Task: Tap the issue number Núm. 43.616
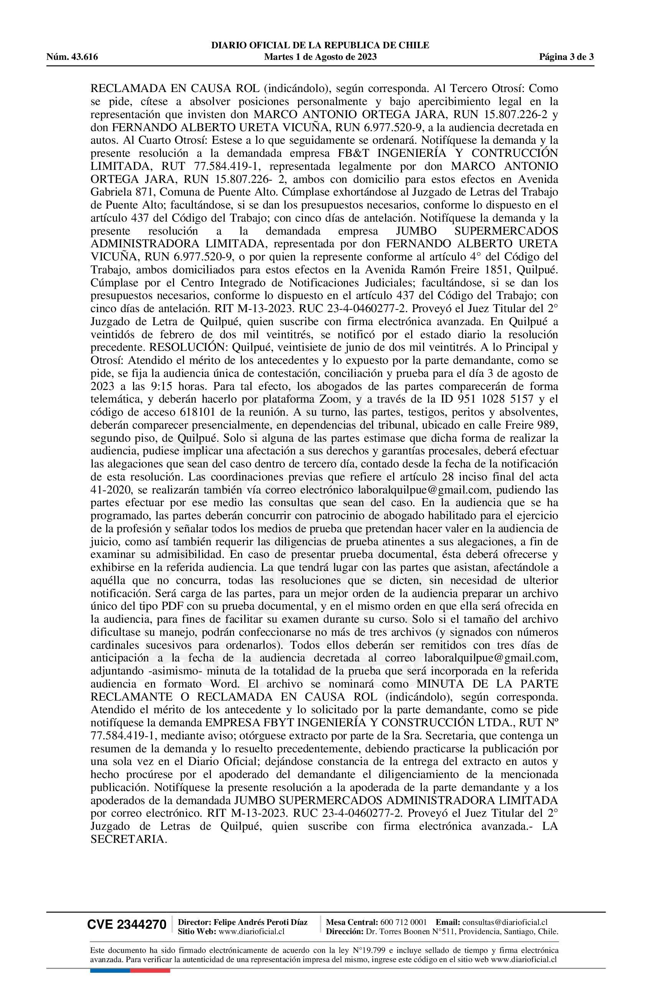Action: coord(72,57)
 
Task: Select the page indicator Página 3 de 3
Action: coord(566,57)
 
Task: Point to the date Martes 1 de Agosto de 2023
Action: coord(320,57)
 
